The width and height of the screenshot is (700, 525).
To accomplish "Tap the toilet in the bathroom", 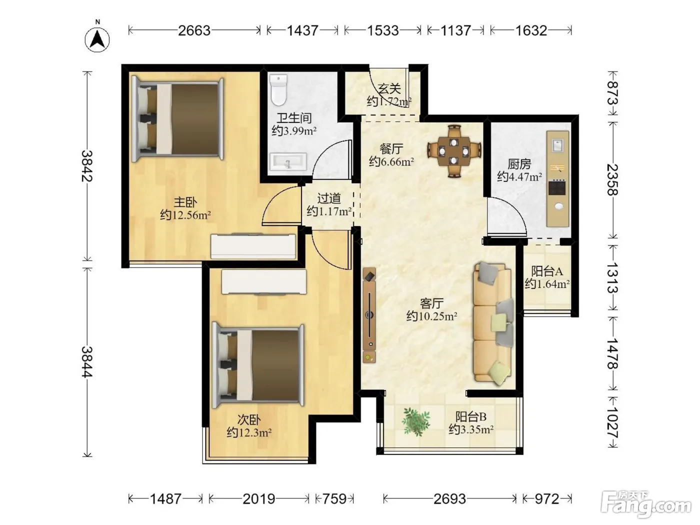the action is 278,89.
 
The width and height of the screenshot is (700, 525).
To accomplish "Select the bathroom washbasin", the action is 288,161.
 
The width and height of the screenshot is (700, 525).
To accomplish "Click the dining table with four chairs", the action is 454,151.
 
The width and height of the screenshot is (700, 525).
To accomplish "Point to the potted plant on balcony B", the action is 416,422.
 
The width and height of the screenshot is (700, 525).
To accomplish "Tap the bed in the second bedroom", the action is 258,365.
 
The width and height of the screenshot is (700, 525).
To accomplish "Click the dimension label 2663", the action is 194,30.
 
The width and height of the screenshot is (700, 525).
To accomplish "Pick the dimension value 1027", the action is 612,422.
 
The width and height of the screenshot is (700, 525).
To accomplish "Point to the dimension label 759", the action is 334,499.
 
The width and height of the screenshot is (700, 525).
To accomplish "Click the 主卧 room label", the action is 185,202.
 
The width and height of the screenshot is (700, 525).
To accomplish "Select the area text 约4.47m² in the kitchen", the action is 519,176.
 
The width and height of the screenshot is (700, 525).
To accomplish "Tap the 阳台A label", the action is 547,271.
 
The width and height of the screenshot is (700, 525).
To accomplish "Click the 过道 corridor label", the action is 329,198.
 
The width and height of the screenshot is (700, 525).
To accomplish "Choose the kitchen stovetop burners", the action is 557,187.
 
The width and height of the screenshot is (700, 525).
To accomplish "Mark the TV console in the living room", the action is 369,315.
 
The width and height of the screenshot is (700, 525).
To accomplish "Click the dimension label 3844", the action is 87,362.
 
